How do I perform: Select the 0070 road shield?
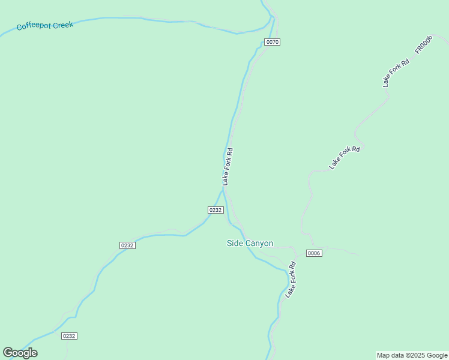pos(273,42)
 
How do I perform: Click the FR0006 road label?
pos(423,46)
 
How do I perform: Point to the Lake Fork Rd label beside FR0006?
pos(396,73)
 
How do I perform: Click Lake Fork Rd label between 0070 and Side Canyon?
pos(228,167)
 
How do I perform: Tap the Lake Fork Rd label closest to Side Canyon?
pos(291,280)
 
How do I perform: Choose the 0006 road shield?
pos(314,253)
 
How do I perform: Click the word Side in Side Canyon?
pos(234,244)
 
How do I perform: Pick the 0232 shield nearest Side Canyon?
pos(215,210)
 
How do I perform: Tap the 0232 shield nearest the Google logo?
pos(69,336)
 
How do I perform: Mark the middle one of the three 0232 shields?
pos(127,245)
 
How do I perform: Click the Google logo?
pos(20,353)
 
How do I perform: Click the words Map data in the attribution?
pos(391,355)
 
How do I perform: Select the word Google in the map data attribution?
pos(437,355)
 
